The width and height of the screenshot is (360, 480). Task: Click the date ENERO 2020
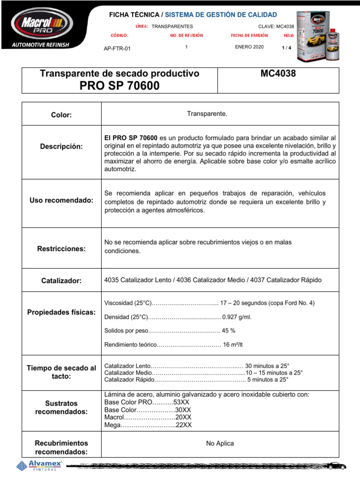click(x=249, y=47)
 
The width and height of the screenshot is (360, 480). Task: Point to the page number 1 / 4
click(x=286, y=48)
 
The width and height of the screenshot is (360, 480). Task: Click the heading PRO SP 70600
click(x=120, y=86)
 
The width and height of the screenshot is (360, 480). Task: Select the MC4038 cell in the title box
click(x=277, y=74)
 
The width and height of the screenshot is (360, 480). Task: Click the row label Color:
click(x=61, y=115)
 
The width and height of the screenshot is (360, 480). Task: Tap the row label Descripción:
click(x=61, y=147)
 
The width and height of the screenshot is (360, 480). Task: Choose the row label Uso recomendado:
click(x=61, y=201)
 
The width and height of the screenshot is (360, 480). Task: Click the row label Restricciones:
click(x=61, y=248)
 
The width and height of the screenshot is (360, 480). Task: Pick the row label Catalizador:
click(x=61, y=280)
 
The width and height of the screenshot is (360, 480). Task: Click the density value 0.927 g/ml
click(x=237, y=317)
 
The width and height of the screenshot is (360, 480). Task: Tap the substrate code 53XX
click(x=182, y=402)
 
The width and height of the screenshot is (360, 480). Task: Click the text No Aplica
click(x=220, y=443)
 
